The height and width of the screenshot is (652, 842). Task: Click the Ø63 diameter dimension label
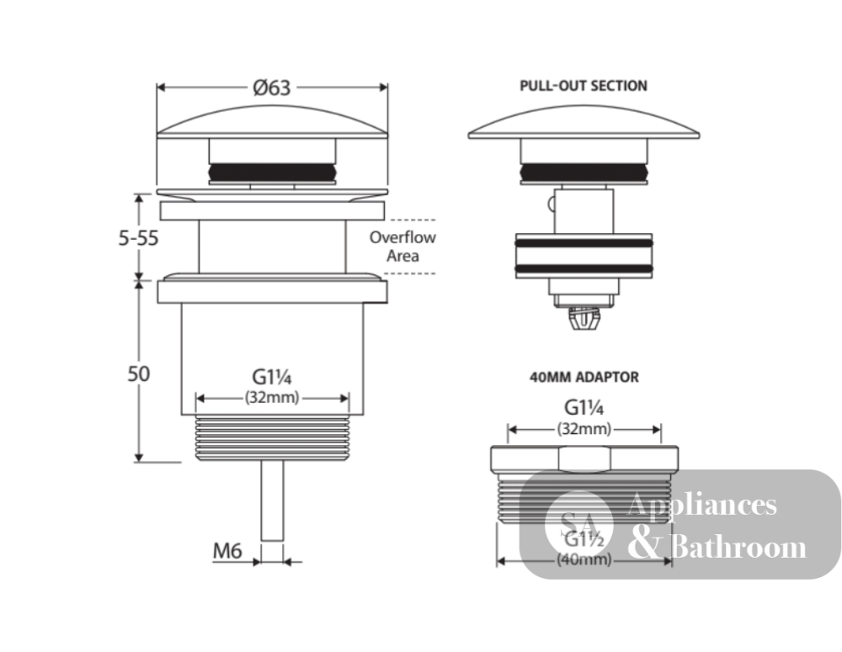coord(272,87)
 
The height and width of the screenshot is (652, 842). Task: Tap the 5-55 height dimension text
coord(139,238)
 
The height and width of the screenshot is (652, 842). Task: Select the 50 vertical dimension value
coord(139,374)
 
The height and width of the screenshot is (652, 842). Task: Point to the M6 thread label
coord(227,550)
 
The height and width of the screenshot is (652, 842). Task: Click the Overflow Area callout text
coord(402,246)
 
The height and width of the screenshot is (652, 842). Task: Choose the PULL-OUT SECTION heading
coord(584,86)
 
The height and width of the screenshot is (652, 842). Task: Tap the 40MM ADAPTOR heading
coord(584,377)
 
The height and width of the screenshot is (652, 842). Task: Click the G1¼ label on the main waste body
coord(272,377)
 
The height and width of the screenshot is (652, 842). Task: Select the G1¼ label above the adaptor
coord(584,408)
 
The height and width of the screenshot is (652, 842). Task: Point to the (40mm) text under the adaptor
coord(584,559)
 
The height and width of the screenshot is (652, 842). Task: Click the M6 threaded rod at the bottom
coord(272,501)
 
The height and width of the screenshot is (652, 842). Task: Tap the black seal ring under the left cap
coord(272,172)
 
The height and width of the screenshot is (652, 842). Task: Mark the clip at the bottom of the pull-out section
coord(584,318)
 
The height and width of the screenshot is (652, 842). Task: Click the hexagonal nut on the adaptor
coord(584,459)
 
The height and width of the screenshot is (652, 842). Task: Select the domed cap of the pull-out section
coord(584,122)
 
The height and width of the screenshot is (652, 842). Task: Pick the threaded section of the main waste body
coord(272,438)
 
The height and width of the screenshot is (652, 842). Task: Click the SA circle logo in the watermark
coord(578,524)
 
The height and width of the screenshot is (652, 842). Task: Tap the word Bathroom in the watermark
coord(738,548)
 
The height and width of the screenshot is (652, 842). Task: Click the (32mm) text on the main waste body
coord(272,398)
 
